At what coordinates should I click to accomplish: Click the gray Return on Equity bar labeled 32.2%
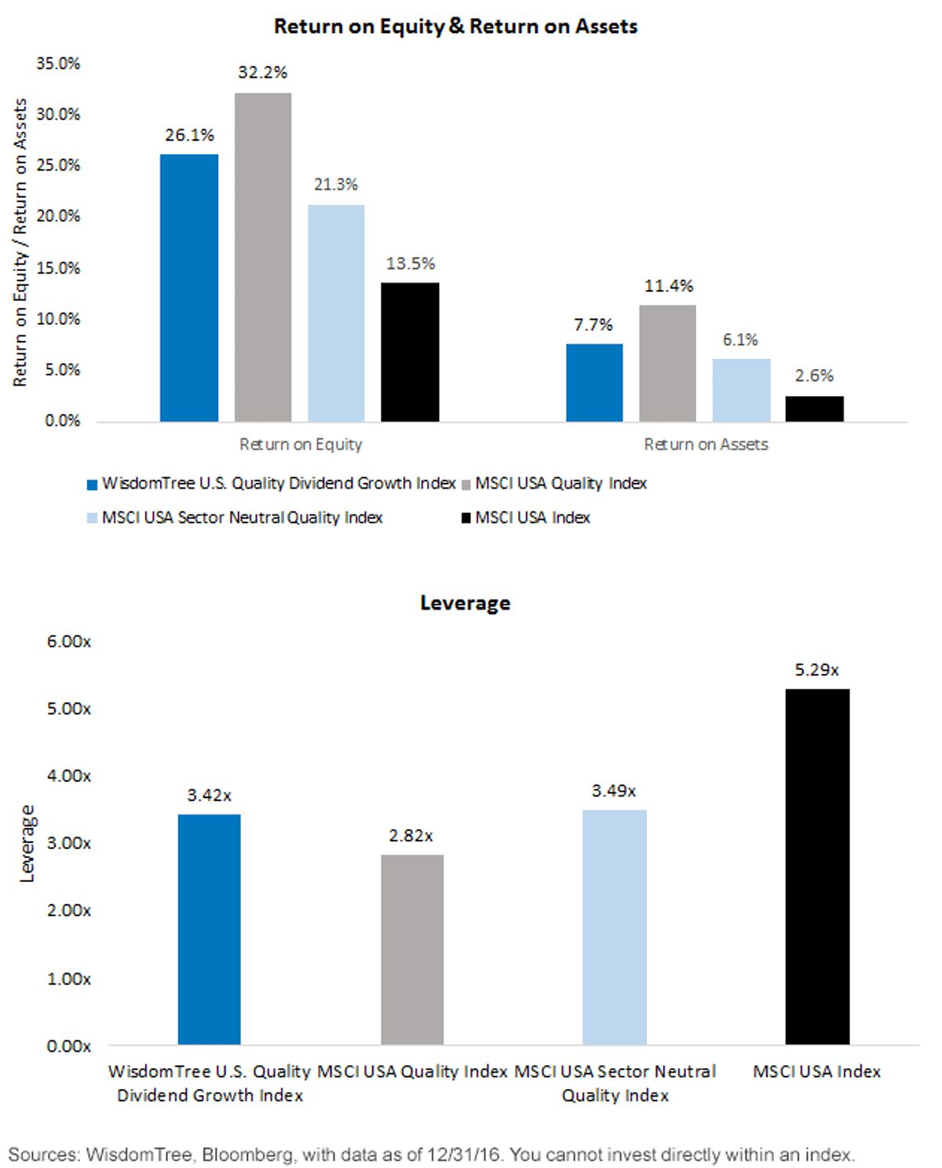pyautogui.click(x=263, y=258)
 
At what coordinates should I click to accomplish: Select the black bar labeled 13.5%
pyautogui.click(x=410, y=352)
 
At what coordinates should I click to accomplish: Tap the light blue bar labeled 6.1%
pyautogui.click(x=741, y=390)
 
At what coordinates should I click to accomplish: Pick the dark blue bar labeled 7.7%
pyautogui.click(x=594, y=383)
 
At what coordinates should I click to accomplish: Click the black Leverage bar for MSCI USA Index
pyautogui.click(x=817, y=867)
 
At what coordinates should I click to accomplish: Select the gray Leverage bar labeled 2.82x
pyautogui.click(x=412, y=950)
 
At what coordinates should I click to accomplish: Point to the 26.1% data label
pyautogui.click(x=189, y=134)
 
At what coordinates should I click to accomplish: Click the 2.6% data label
pyautogui.click(x=814, y=375)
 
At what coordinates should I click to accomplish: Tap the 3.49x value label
pyautogui.click(x=613, y=791)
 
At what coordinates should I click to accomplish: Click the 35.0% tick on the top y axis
pyautogui.click(x=58, y=64)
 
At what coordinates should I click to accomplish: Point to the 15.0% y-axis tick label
pyautogui.click(x=58, y=268)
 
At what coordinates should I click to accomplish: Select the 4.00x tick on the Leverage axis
pyautogui.click(x=68, y=776)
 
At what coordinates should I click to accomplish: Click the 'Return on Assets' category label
pyautogui.click(x=706, y=445)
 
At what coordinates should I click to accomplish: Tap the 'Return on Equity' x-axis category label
pyautogui.click(x=301, y=445)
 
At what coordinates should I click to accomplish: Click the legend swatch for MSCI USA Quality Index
pyautogui.click(x=466, y=485)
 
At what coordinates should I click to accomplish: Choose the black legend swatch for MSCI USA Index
pyautogui.click(x=466, y=518)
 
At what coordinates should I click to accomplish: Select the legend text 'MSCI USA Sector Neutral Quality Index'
pyautogui.click(x=242, y=518)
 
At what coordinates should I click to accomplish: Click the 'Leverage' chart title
pyautogui.click(x=465, y=603)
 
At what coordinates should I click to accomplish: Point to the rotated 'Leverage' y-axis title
pyautogui.click(x=27, y=844)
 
